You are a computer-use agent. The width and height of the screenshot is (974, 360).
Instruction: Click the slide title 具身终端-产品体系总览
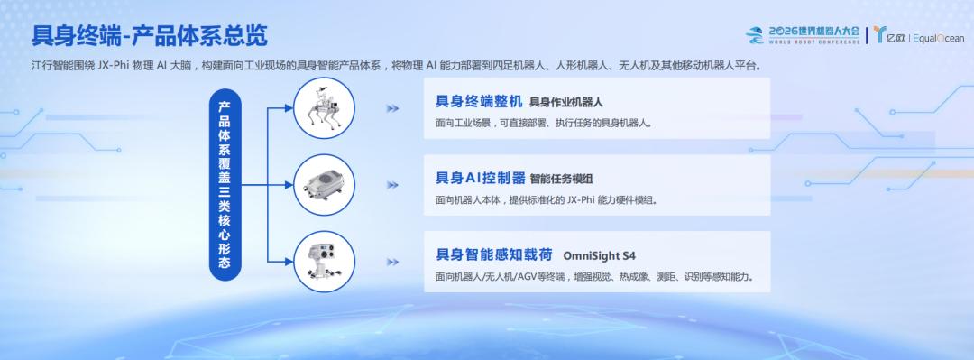150,36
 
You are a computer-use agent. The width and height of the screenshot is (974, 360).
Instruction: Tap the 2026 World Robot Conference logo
803,35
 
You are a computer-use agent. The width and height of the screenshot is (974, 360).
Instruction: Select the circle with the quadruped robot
324,108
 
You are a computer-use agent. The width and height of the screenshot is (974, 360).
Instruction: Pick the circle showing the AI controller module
324,185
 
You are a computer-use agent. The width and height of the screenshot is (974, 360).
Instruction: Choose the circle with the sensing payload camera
324,262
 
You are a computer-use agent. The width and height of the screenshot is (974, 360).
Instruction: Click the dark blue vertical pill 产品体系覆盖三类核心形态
225,185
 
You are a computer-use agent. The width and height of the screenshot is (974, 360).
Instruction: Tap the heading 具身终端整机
479,101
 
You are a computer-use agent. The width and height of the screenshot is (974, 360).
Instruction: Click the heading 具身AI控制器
481,178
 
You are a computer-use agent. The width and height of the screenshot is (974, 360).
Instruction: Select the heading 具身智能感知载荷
494,255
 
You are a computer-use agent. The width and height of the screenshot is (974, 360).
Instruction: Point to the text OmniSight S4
600,255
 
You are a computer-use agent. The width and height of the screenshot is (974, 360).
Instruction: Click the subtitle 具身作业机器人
565,103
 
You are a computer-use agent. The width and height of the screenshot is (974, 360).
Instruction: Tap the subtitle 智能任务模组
562,179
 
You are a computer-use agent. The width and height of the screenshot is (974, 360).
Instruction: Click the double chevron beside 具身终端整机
392,108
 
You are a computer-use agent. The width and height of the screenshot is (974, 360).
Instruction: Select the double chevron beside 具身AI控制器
392,185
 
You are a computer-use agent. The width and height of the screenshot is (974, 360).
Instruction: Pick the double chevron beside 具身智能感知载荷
392,262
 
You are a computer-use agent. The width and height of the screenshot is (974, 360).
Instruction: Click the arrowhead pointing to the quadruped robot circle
289,107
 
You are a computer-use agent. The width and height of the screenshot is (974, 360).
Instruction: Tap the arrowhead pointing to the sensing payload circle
289,262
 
